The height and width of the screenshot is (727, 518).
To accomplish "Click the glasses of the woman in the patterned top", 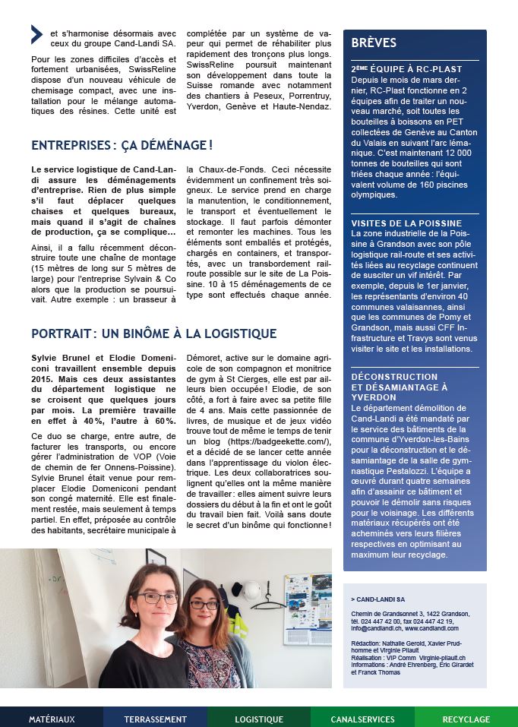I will pyautogui.click(x=204, y=605).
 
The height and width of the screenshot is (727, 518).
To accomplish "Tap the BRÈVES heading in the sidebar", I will pyautogui.click(x=374, y=43).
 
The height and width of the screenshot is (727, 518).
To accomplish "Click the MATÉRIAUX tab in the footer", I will pyautogui.click(x=52, y=719).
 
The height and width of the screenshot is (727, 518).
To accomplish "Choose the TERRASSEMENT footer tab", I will pyautogui.click(x=155, y=719).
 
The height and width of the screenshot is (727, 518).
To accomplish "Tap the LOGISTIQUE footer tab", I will pyautogui.click(x=259, y=719).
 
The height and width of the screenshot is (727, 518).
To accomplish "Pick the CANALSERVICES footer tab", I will pyautogui.click(x=362, y=719).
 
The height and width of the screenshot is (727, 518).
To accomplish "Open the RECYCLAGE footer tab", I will pyautogui.click(x=466, y=719).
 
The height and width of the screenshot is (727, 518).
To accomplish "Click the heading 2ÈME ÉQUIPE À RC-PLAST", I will pyautogui.click(x=406, y=69).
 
